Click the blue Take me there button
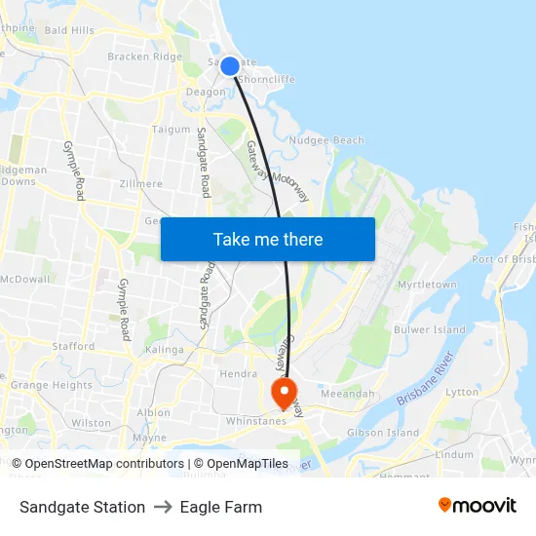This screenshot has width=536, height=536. (x=267, y=239)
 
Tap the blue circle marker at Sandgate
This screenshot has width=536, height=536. (x=229, y=66)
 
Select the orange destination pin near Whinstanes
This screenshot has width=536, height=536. (x=285, y=393)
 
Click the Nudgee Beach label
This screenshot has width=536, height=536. (x=326, y=140)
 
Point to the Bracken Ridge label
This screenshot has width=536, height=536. (x=144, y=57)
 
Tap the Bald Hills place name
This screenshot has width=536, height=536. (x=69, y=30)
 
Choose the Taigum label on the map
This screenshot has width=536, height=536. (x=171, y=129)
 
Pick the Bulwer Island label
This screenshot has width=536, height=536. (x=430, y=329)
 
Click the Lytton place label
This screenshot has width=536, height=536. (x=461, y=392)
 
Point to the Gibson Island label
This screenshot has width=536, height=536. (x=383, y=433)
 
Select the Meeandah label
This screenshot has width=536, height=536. (x=347, y=394)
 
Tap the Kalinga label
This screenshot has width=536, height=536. (x=164, y=349)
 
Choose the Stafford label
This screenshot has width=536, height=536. (x=73, y=346)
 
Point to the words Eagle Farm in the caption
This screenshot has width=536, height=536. (x=220, y=507)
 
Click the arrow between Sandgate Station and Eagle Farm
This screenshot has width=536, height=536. (x=163, y=507)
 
